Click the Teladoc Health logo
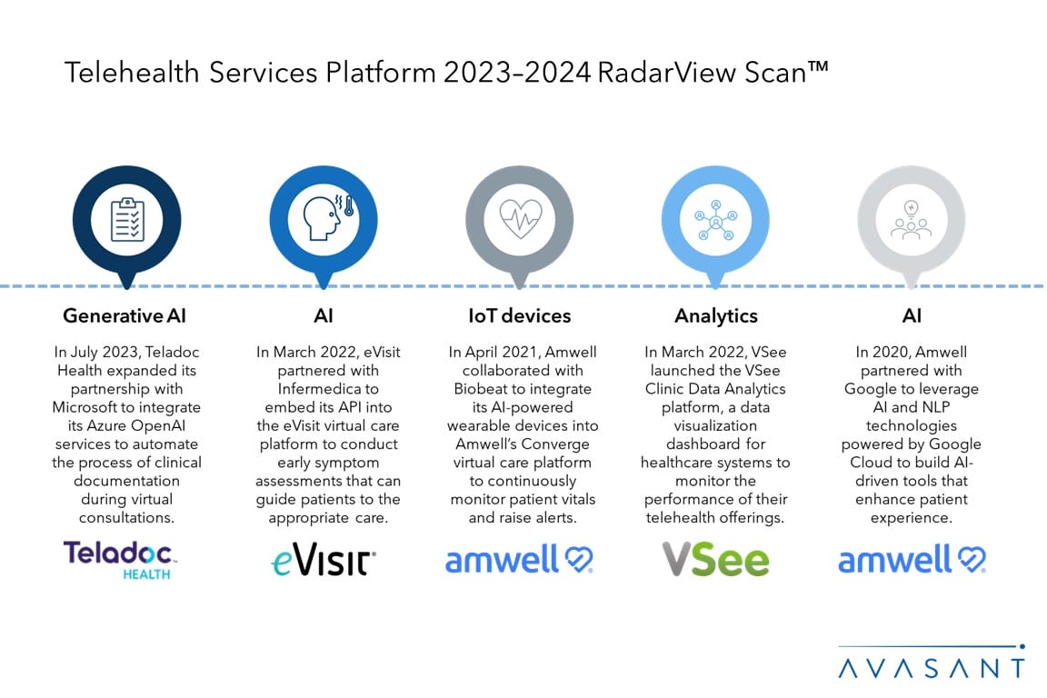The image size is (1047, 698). click(120, 559)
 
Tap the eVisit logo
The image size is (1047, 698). click(324, 561)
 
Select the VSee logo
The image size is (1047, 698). click(714, 559)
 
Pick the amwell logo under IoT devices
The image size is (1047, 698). click(519, 560)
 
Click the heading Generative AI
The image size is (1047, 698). click(125, 316)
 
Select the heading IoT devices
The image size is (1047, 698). click(520, 316)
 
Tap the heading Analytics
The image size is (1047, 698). click(716, 316)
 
